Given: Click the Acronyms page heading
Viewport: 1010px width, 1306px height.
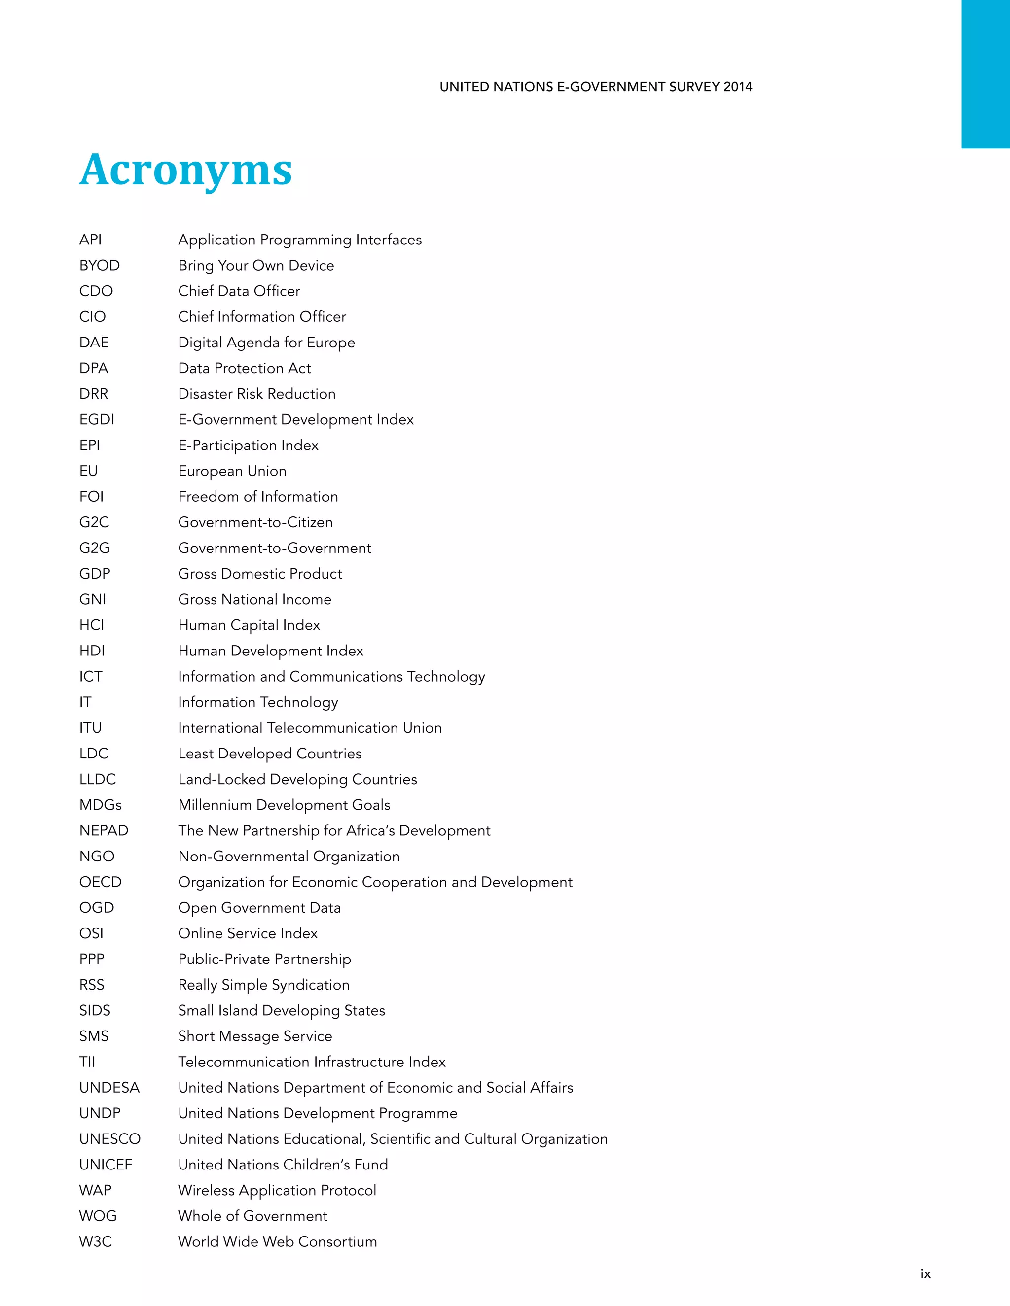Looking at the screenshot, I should tap(185, 170).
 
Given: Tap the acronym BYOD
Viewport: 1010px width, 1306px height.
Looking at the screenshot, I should tap(99, 266).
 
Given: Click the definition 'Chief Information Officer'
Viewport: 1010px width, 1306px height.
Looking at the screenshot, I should tap(262, 317).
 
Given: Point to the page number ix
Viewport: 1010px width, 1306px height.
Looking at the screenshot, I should tap(925, 1273).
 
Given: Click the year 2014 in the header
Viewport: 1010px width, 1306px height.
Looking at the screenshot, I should tap(737, 87).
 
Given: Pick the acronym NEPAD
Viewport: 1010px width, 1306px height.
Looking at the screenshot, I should tap(104, 830).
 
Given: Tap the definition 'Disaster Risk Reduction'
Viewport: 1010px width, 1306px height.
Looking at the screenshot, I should tap(256, 394).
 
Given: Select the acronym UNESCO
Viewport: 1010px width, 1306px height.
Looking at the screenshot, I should tap(109, 1139).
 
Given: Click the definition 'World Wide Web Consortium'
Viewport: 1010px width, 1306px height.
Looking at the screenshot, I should tap(278, 1242).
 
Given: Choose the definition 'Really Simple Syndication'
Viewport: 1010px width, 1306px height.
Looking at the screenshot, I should tap(264, 985).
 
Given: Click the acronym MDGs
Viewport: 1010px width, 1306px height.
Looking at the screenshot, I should tap(100, 805).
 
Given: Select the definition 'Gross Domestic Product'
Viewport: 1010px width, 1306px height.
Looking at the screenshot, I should tap(260, 574).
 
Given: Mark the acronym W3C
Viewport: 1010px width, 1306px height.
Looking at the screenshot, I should tap(95, 1242).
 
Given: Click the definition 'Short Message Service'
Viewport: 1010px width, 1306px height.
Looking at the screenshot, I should tap(255, 1036).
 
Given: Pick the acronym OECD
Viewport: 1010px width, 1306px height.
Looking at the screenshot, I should tap(100, 882).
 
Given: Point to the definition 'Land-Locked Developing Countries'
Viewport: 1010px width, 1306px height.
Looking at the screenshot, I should tap(297, 779).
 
